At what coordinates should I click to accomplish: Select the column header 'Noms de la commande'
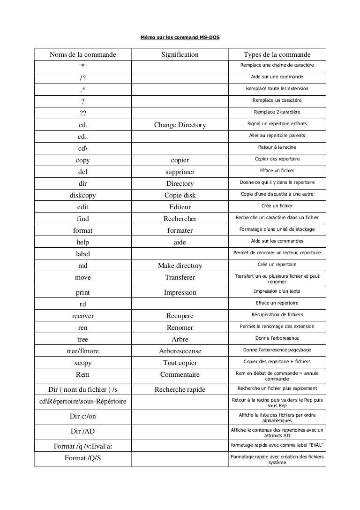(x=83, y=55)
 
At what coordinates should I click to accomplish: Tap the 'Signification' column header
(x=180, y=55)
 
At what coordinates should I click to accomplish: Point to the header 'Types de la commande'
(x=277, y=55)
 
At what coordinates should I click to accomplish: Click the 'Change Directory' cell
(x=180, y=125)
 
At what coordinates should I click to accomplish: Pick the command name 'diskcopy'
(x=83, y=195)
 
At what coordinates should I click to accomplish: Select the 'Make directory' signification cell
(x=180, y=266)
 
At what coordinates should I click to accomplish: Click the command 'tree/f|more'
(x=83, y=351)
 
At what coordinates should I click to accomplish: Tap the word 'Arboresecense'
(x=180, y=351)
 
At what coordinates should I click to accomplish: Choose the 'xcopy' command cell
(x=83, y=363)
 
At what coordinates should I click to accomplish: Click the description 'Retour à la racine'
(x=277, y=147)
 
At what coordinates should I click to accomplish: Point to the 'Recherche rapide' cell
(x=180, y=389)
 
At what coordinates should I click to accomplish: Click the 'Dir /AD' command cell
(x=83, y=431)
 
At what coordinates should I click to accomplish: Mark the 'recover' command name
(x=83, y=316)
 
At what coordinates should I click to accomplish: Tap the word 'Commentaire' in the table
(x=180, y=374)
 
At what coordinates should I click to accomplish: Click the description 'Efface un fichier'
(x=277, y=170)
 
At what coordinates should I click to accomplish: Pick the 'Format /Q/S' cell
(x=83, y=458)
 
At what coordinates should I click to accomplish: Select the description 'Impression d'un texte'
(x=277, y=291)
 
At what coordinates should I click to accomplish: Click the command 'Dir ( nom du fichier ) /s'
(x=83, y=389)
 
